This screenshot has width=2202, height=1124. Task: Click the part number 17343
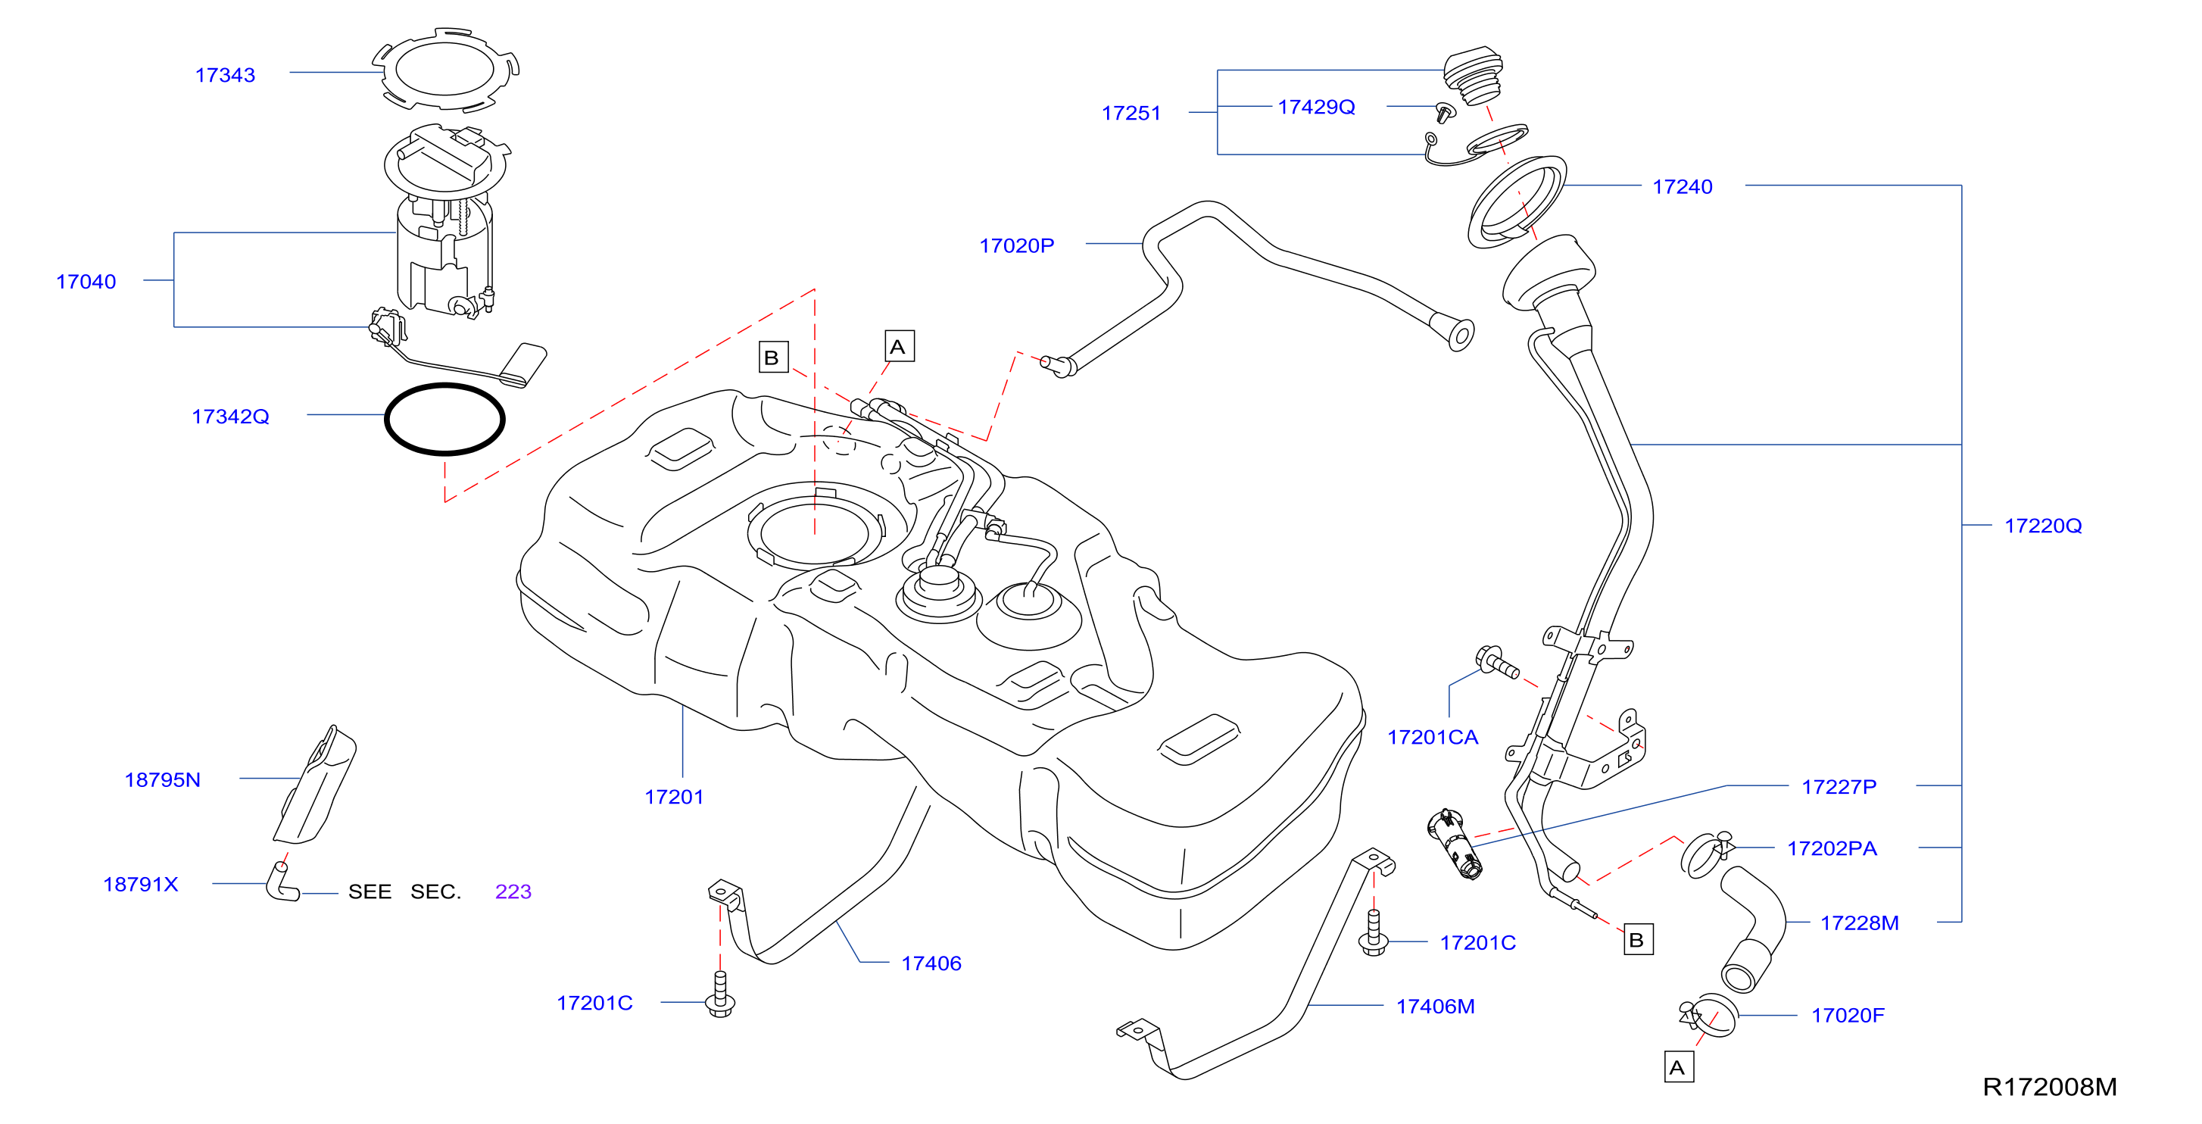click(225, 75)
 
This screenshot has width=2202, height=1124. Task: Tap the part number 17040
click(86, 282)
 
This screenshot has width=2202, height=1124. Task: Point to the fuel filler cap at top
click(1473, 75)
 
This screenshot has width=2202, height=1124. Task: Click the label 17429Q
click(1316, 107)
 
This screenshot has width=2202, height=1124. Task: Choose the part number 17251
click(1131, 113)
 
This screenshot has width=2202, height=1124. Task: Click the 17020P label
click(1016, 246)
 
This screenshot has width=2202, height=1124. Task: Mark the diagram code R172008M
click(2050, 1087)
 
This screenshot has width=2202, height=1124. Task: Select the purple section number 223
click(513, 891)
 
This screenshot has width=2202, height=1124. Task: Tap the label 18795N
click(162, 780)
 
